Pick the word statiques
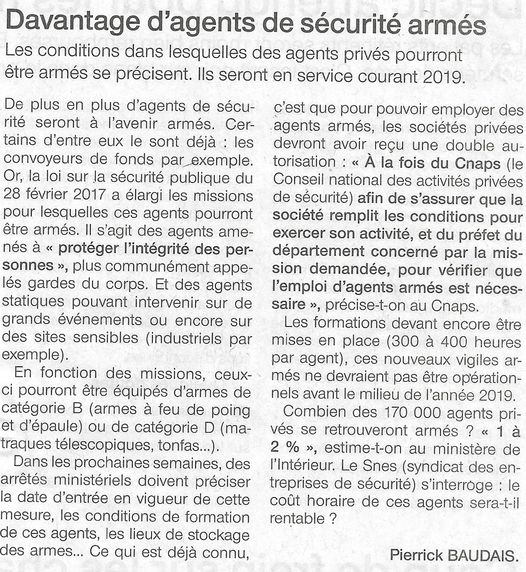33,302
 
